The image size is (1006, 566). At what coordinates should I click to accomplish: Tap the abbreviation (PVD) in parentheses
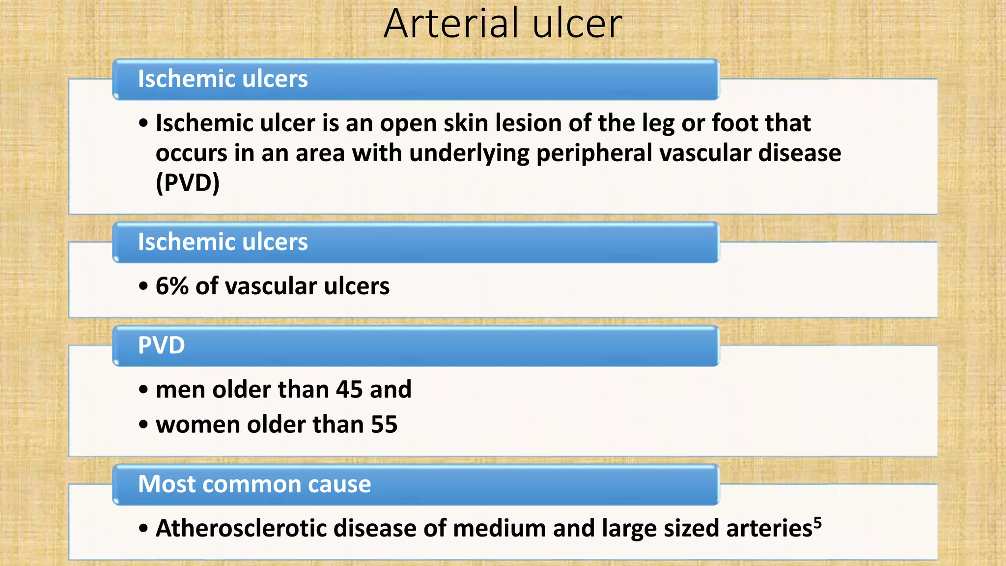click(187, 183)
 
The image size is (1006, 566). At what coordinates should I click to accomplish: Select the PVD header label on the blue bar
click(161, 345)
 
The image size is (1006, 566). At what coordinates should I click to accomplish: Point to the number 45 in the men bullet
click(349, 390)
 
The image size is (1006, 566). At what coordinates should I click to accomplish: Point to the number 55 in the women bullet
click(384, 424)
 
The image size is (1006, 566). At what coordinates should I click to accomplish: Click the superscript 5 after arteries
click(817, 522)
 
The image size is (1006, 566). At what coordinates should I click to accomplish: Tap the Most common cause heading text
click(254, 484)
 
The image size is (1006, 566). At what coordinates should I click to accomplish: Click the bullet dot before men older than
click(143, 390)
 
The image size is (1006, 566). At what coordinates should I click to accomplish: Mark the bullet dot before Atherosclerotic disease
click(143, 529)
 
